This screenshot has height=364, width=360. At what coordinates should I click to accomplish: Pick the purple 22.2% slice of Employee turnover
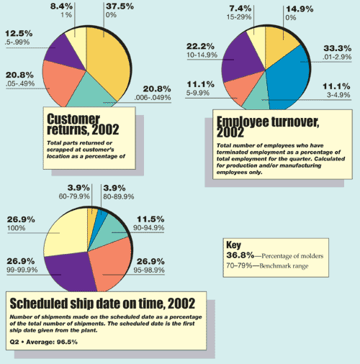[x=243, y=59]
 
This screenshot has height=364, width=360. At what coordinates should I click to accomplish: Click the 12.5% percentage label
[x=19, y=34]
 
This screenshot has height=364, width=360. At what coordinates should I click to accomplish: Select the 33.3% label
[x=338, y=48]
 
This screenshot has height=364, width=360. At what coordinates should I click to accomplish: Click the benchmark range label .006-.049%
[x=153, y=98]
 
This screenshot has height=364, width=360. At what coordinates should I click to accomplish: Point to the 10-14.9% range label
[x=202, y=55]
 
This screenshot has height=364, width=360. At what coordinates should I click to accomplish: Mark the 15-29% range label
[x=239, y=17]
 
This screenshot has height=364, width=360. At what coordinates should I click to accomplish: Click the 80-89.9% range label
[x=119, y=196]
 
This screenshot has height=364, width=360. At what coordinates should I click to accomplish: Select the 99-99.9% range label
[x=22, y=270]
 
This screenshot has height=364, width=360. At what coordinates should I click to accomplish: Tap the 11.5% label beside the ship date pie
[x=150, y=219]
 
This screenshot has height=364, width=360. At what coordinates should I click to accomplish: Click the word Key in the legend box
[x=233, y=245]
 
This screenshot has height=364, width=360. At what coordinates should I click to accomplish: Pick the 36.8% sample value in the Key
[x=240, y=255]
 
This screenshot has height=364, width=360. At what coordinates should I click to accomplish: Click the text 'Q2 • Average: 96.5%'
[x=44, y=342]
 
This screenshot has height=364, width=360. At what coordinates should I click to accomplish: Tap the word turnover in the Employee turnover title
[x=295, y=122]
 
